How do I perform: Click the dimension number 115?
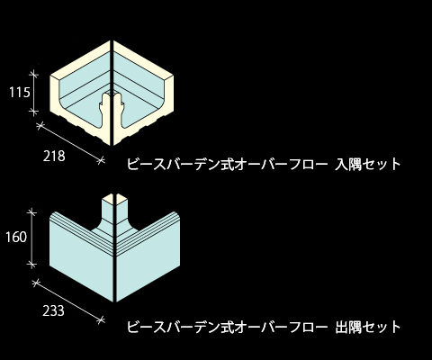pyautogui.click(x=20, y=92)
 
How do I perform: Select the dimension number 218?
pyautogui.click(x=54, y=156)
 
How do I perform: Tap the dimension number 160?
pyautogui.click(x=16, y=237)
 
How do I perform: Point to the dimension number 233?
pyautogui.click(x=53, y=310)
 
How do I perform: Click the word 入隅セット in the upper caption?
pyautogui.click(x=368, y=164)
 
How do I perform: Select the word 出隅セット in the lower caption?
pyautogui.click(x=368, y=327)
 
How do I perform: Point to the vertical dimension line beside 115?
pyautogui.click(x=34, y=93)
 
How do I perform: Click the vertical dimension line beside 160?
pyautogui.click(x=31, y=238)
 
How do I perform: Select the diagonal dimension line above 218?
pyautogui.click(x=70, y=143)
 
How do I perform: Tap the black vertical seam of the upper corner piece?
pyautogui.click(x=112, y=93)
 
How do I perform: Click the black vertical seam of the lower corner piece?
pyautogui.click(x=114, y=248)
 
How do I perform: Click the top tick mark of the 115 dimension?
pyautogui.click(x=34, y=73)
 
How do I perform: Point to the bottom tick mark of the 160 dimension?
pyautogui.click(x=31, y=265)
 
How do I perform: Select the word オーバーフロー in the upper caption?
pyautogui.click(x=282, y=164)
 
